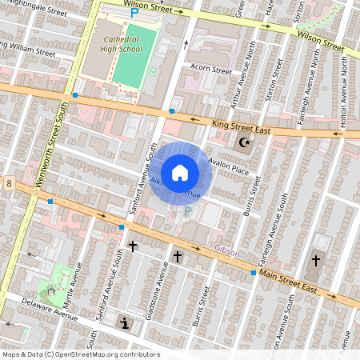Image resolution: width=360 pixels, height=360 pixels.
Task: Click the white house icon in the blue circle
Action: click(x=180, y=172)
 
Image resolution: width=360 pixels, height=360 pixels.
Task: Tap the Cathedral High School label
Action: click(x=121, y=43)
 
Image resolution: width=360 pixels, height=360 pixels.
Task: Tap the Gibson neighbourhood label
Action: click(x=227, y=250)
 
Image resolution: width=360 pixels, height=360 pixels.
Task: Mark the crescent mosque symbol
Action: click(x=243, y=143)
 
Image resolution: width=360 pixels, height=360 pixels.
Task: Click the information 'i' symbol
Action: click(x=126, y=322)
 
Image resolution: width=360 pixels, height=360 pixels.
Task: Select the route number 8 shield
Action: click(x=9, y=183)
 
